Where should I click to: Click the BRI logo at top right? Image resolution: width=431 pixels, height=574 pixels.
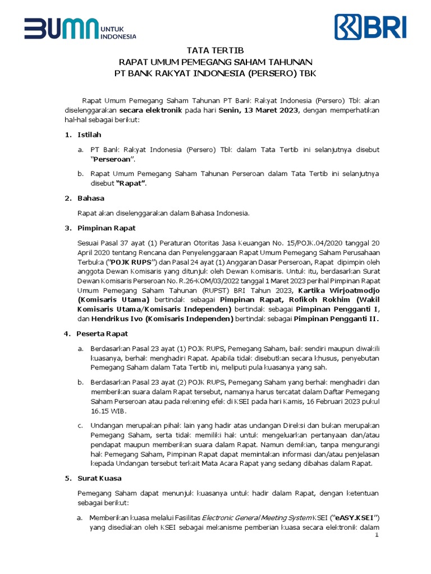click(x=370, y=26)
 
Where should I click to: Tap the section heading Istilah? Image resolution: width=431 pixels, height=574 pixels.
click(x=90, y=135)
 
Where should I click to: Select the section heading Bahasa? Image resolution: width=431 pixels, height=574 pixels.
click(x=91, y=198)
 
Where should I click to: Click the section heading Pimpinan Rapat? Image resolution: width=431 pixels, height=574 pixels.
click(x=107, y=228)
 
